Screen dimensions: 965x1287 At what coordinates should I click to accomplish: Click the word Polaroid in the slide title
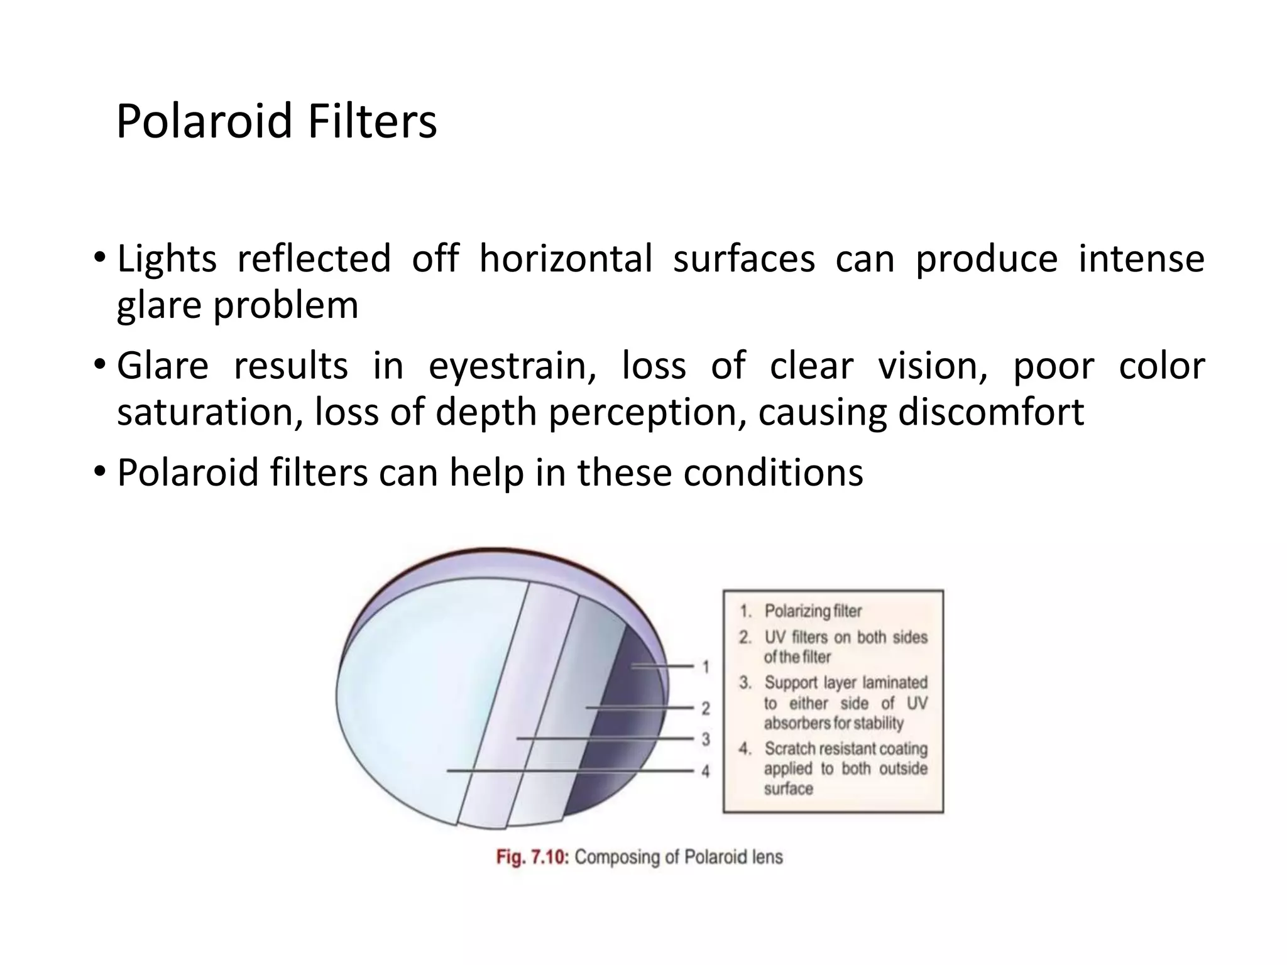coord(204,121)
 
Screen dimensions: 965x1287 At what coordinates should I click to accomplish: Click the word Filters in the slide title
coord(372,121)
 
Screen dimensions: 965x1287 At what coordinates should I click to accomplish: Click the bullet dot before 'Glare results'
coord(99,364)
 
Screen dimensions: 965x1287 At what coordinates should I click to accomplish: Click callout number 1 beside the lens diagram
coord(706,667)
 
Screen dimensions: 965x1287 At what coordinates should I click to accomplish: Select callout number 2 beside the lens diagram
coord(706,709)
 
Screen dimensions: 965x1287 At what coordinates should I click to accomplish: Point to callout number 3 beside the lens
coord(706,739)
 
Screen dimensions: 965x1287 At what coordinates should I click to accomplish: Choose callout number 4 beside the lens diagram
coord(706,771)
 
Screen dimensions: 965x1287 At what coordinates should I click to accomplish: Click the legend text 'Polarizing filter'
coord(813,611)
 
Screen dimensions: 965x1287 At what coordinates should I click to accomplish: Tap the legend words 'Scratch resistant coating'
coord(845,749)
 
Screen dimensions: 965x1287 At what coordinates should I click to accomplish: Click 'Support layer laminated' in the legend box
coord(845,682)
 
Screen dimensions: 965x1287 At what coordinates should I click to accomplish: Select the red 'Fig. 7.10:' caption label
coord(532,857)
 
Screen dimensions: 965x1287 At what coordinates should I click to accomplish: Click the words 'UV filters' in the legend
coord(796,637)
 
